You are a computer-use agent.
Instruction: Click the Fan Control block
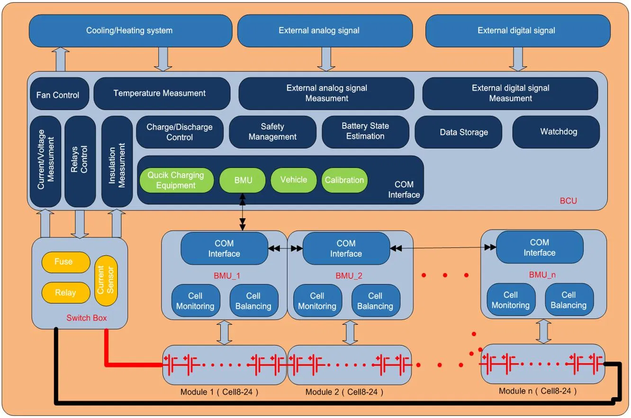tap(58, 95)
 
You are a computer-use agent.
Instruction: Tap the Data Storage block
tap(464, 132)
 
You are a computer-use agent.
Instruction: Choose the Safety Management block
tap(272, 132)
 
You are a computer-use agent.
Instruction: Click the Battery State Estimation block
tap(365, 131)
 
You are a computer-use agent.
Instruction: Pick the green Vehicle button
tap(293, 180)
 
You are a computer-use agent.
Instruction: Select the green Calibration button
tap(344, 180)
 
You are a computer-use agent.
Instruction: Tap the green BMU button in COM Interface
tap(243, 180)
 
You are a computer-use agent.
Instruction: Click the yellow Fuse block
tap(63, 262)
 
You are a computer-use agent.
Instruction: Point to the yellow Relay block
tap(65, 293)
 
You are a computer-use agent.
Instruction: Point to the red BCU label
tap(568, 201)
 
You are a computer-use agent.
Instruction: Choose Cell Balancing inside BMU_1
tap(253, 301)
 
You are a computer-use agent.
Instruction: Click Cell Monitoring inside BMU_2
tap(317, 301)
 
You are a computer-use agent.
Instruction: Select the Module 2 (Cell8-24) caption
tap(344, 392)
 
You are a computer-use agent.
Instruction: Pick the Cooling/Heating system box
tap(129, 31)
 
